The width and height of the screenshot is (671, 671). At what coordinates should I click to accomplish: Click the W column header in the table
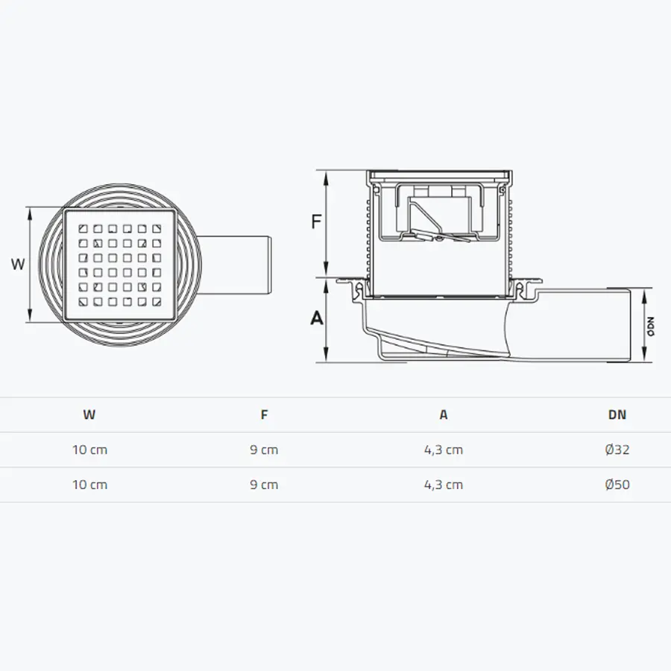click(x=89, y=415)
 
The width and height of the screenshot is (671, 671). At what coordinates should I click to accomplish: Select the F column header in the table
click(x=264, y=415)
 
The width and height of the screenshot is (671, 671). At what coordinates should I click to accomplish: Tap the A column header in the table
click(x=444, y=415)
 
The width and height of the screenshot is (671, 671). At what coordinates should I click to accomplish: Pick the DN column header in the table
click(x=617, y=415)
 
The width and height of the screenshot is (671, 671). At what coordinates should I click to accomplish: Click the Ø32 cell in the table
click(x=617, y=450)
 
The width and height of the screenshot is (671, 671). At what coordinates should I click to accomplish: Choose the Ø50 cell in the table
click(x=617, y=485)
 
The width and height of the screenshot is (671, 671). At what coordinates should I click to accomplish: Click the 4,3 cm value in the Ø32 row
click(x=444, y=450)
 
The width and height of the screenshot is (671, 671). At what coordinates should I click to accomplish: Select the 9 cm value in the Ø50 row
click(x=264, y=485)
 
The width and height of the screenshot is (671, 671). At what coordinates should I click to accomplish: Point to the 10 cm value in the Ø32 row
click(x=89, y=450)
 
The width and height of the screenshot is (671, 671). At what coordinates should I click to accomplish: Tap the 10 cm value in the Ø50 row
click(x=89, y=485)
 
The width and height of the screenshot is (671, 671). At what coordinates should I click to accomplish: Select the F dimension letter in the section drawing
click(x=316, y=221)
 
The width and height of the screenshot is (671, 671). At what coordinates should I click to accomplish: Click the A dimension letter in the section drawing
click(x=317, y=318)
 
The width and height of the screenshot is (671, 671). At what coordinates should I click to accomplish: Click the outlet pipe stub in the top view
click(x=239, y=265)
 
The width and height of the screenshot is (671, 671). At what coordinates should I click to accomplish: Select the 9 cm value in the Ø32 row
click(x=264, y=450)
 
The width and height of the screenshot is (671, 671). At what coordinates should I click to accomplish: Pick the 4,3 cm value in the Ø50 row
click(x=444, y=485)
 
